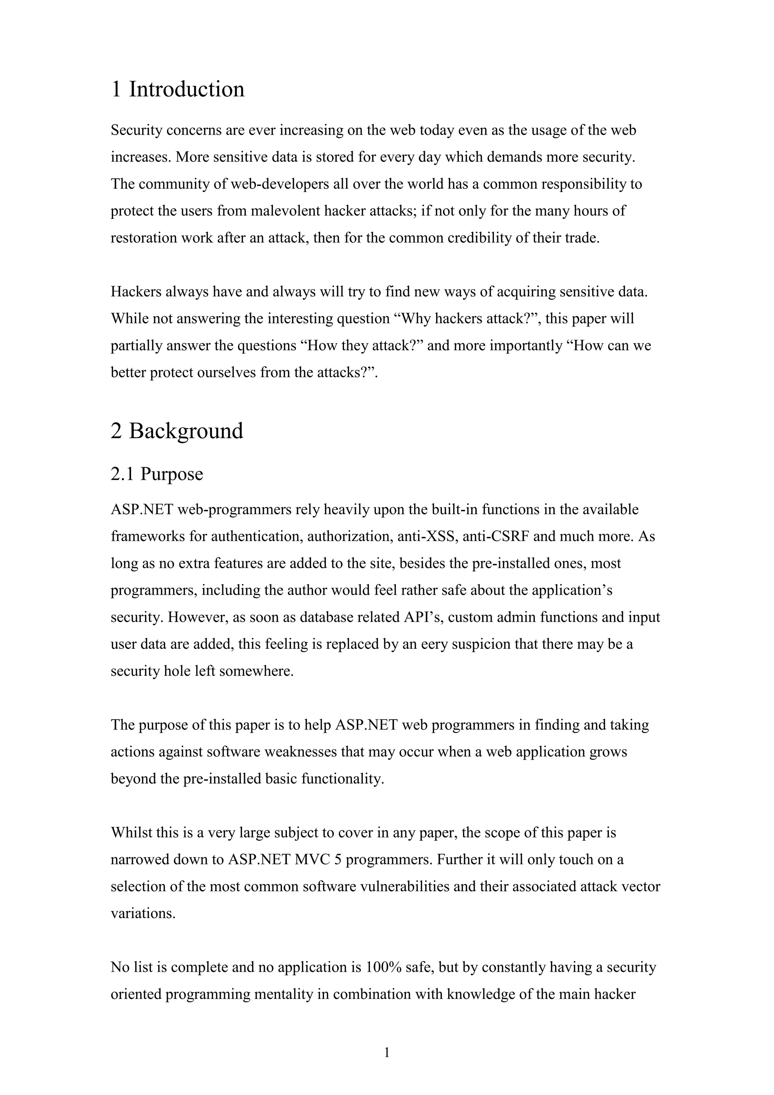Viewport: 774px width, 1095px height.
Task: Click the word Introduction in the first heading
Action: coord(186,90)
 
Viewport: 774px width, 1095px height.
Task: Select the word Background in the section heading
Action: coord(186,431)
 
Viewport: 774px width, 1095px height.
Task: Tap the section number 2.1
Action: coord(123,474)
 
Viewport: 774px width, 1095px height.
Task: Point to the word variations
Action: coord(143,913)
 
